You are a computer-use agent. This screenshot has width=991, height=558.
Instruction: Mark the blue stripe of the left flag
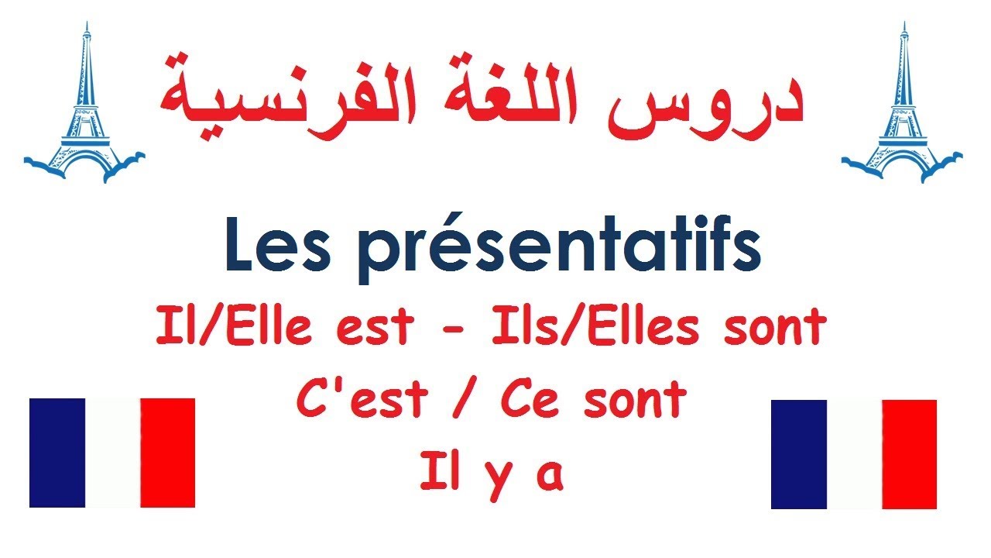(57, 453)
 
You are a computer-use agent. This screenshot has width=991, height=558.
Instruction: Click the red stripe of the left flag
(167, 453)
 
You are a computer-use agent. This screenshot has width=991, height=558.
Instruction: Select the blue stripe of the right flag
(799, 454)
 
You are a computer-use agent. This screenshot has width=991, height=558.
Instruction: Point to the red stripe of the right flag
(909, 454)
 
